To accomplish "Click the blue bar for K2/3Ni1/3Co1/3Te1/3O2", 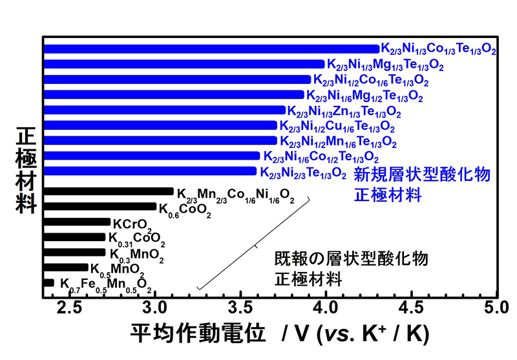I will pyautogui.click(x=211, y=48).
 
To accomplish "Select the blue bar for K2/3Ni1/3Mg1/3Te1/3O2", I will pyautogui.click(x=184, y=64).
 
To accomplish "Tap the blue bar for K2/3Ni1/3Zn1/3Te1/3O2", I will pyautogui.click(x=164, y=110).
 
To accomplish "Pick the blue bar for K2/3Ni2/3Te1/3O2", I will pyautogui.click(x=150, y=171).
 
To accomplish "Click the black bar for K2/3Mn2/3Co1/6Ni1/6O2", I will pyautogui.click(x=109, y=191).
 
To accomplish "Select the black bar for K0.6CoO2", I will pyautogui.click(x=100, y=207).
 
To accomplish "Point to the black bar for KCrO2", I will pyautogui.click(x=77, y=222).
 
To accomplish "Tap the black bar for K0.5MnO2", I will pyautogui.click(x=66, y=268).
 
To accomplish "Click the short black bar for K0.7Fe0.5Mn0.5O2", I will pyautogui.click(x=48, y=282).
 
